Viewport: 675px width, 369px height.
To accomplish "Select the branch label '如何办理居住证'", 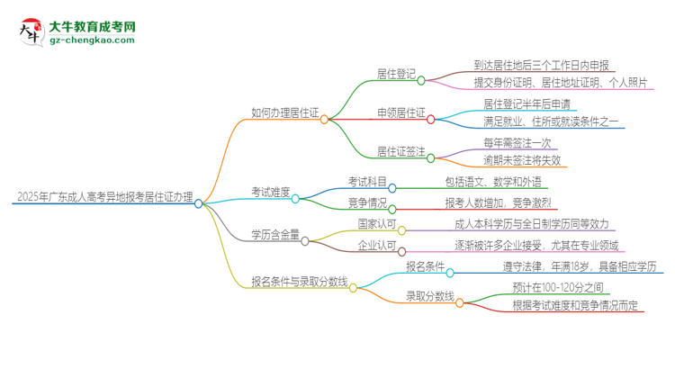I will [284, 113].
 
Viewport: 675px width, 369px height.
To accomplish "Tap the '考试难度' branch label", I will [270, 191].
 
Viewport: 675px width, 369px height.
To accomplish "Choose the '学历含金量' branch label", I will [274, 235].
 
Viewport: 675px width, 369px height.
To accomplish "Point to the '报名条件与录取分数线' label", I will [299, 282].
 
